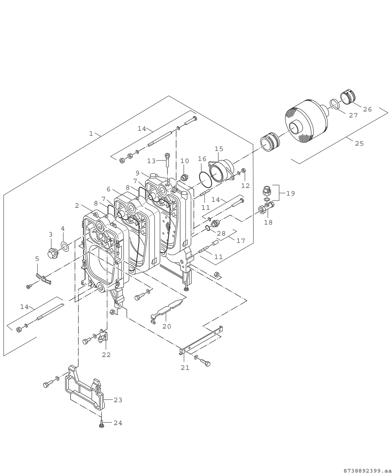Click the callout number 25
(x=359, y=143)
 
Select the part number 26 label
(x=367, y=109)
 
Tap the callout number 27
(x=353, y=116)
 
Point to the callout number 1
(x=91, y=134)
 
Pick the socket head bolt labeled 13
(x=167, y=160)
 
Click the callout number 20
(x=167, y=326)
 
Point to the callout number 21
(x=185, y=368)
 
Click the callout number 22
(x=106, y=355)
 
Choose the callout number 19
(x=291, y=193)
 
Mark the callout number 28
(x=221, y=234)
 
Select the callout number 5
(x=37, y=258)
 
